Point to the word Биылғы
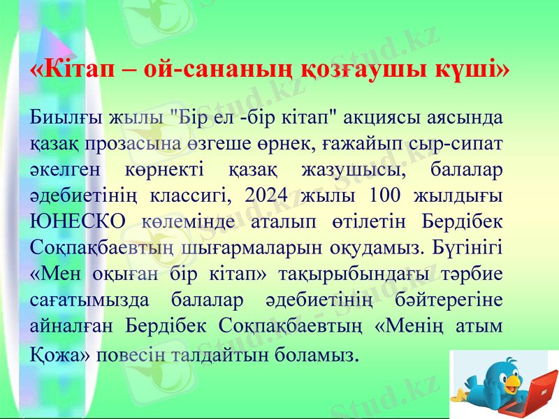pos(62,117)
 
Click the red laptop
pos(533,395)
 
